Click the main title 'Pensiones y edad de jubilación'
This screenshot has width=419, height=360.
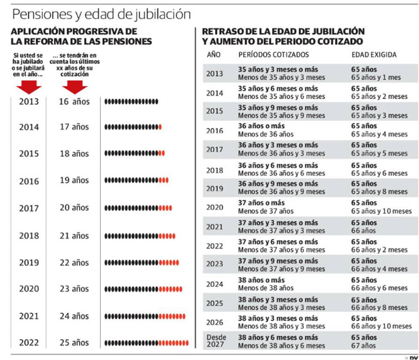coord(101,14)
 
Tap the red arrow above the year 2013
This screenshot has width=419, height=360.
coord(29,87)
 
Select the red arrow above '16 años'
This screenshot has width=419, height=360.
coord(75,87)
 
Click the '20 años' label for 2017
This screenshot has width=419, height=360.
coord(74,208)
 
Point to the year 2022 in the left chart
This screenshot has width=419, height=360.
coord(29,343)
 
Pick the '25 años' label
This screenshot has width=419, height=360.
coord(74,343)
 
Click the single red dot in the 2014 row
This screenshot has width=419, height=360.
coord(160,127)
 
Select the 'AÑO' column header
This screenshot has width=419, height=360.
coord(213,54)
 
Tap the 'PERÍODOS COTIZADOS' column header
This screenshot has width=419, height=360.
coord(274,54)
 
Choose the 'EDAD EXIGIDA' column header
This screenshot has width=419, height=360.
coord(374,54)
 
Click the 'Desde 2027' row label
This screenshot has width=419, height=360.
coord(216,341)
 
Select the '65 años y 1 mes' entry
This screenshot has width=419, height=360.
coord(376,77)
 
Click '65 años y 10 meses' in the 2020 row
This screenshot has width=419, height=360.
coord(381,211)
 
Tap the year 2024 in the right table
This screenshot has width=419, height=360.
coord(215,284)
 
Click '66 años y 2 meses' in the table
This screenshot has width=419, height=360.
coord(379,249)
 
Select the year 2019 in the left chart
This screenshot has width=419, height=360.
coord(29,262)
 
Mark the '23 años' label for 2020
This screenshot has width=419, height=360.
coord(74,289)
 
